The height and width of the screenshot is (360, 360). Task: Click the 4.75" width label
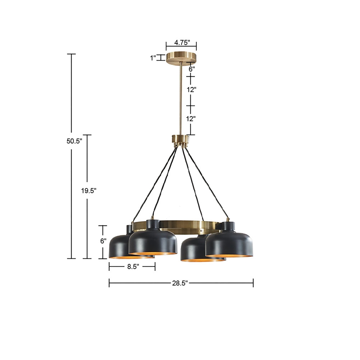pyautogui.click(x=182, y=43)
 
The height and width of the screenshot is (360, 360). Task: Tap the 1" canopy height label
pyautogui.click(x=153, y=58)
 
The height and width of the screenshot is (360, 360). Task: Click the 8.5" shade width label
pyautogui.click(x=132, y=267)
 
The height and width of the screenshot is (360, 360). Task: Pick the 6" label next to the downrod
pyautogui.click(x=192, y=68)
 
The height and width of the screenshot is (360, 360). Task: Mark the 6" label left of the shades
pyautogui.click(x=103, y=241)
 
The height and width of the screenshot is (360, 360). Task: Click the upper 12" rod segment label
pyautogui.click(x=191, y=89)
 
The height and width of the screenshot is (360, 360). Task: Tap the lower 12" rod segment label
pyautogui.click(x=191, y=119)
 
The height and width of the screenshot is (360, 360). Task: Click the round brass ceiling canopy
pyautogui.click(x=182, y=58)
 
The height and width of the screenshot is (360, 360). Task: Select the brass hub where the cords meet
pyautogui.click(x=180, y=140)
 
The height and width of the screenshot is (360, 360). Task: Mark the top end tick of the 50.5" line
pyautogui.click(x=71, y=54)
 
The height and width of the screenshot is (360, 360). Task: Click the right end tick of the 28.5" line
pyautogui.click(x=253, y=283)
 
